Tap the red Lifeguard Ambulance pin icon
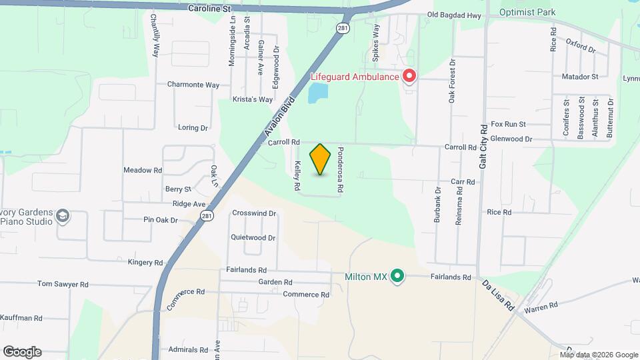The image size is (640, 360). [409, 77]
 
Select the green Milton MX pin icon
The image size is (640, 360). [398, 275]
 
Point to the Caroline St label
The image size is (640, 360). [209, 9]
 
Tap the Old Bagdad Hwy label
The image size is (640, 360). [453, 15]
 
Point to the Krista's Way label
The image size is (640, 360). [253, 99]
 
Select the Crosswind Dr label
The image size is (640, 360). [254, 213]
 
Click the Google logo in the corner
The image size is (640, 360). [22, 352]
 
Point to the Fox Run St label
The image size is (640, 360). [508, 124]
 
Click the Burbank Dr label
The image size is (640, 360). [438, 209]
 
